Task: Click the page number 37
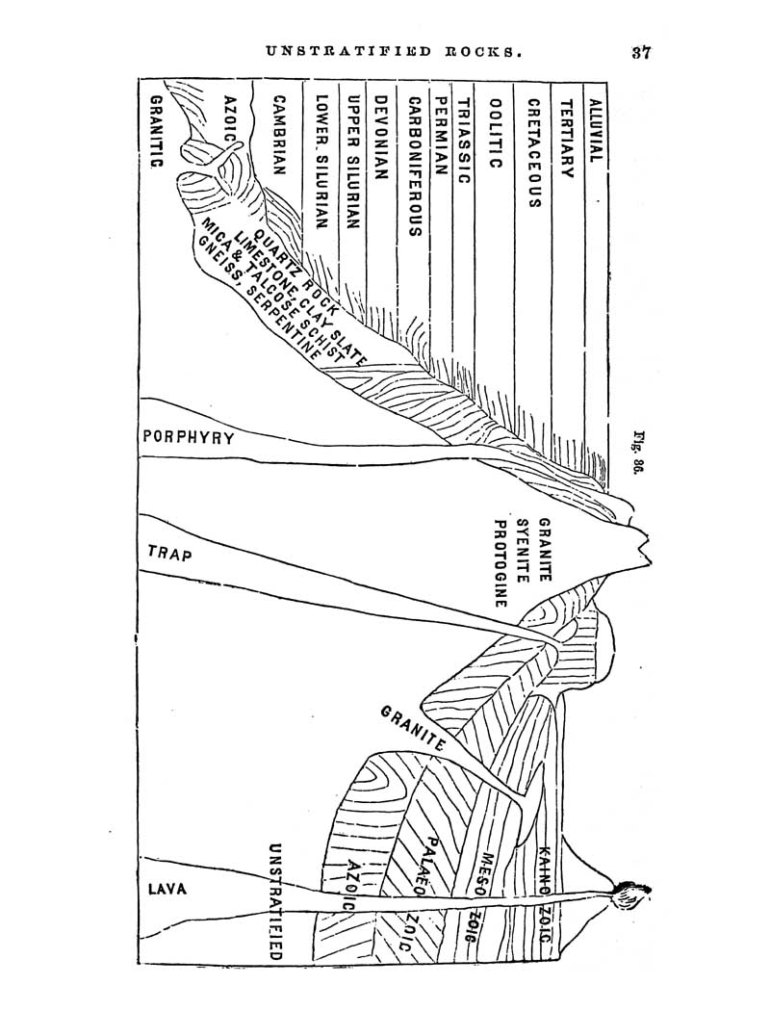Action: coord(641,52)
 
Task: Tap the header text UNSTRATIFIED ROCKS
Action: coord(394,52)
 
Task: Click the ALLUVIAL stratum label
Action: coord(596,130)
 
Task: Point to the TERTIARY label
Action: coord(566,138)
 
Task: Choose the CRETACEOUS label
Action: coord(533,153)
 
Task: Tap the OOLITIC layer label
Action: coord(496,133)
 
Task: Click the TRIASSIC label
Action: coord(465,141)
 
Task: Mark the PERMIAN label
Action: coord(441,136)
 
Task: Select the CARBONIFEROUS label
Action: coord(415,167)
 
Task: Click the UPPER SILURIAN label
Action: coord(352,163)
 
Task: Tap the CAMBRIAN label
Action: coord(279,136)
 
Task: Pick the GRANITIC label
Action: coord(156,132)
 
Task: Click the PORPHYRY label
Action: coord(189,438)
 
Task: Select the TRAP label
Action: coord(169,554)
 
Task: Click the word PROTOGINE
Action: coord(500,564)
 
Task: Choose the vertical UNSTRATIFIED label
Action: coord(276,902)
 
